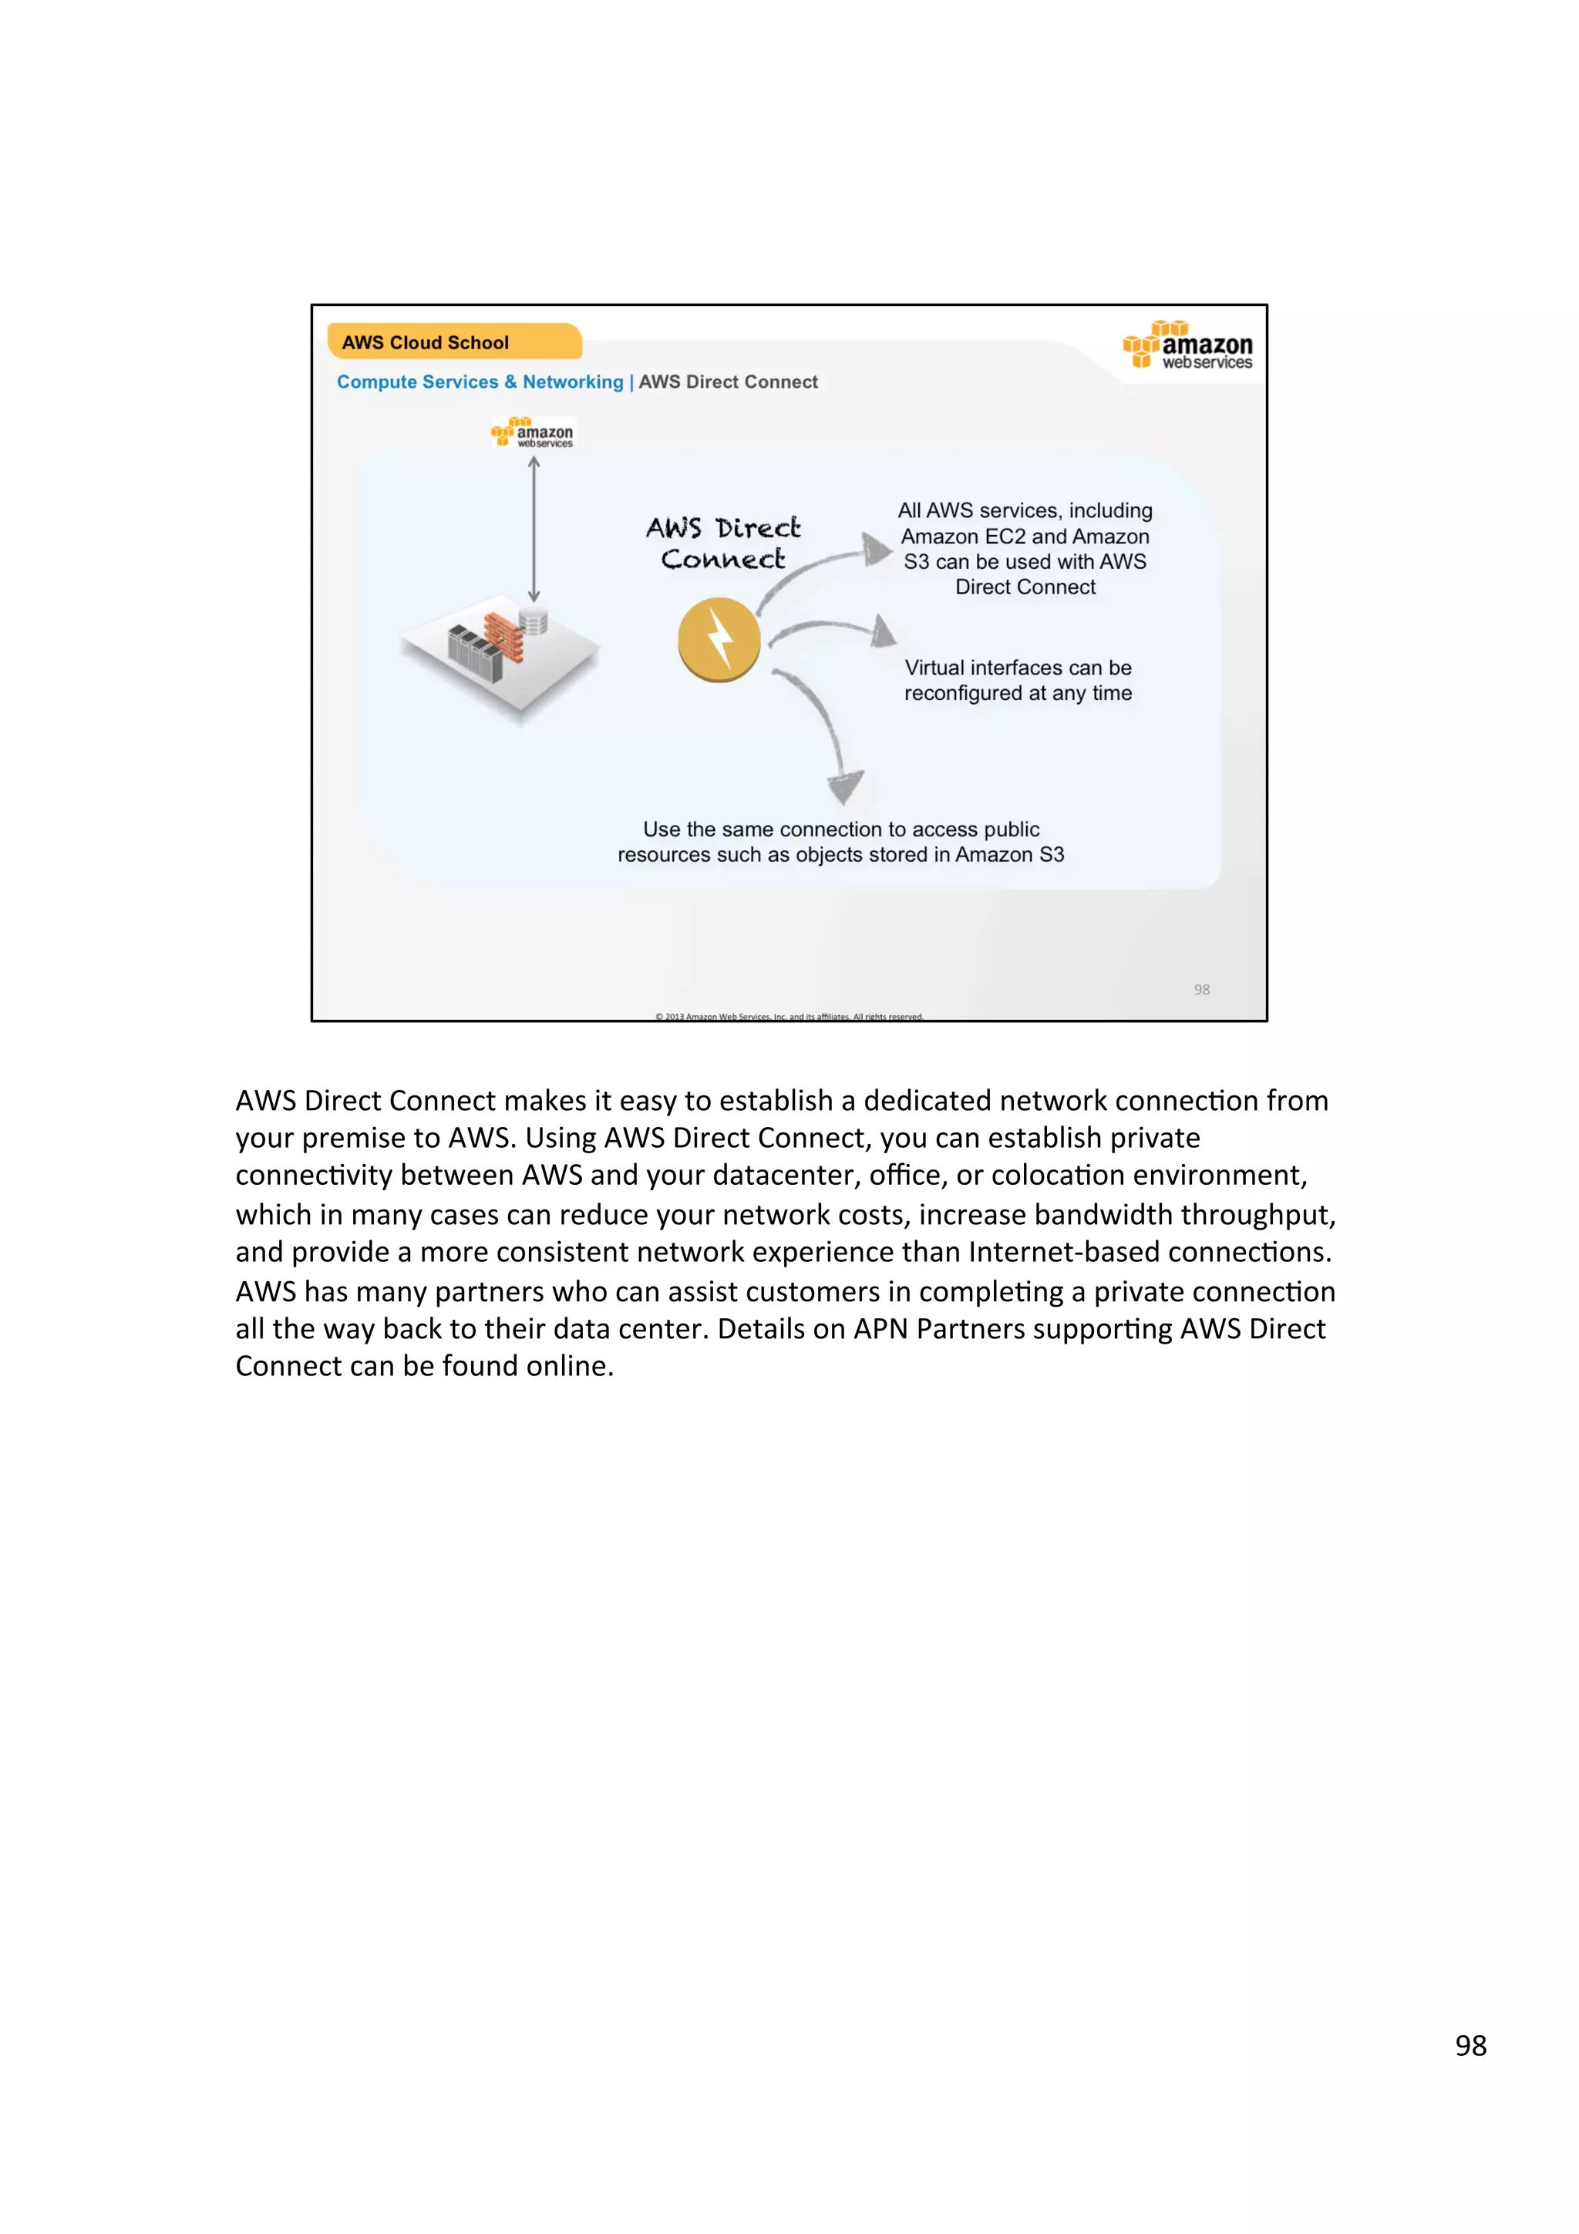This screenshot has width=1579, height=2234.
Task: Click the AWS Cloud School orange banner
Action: point(453,342)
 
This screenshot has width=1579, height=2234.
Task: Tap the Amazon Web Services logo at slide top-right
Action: point(1188,346)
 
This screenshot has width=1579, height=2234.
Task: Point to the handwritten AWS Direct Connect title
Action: point(723,543)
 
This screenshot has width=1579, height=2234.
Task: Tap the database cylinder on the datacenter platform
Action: point(533,621)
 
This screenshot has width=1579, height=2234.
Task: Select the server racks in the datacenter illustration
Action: point(474,652)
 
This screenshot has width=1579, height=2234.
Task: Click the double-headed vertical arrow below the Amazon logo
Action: point(533,530)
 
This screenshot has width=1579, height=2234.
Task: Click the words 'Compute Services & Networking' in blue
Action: point(480,382)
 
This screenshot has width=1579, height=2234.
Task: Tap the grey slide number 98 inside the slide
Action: point(1201,990)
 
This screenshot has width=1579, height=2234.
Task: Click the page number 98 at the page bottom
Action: point(1470,2046)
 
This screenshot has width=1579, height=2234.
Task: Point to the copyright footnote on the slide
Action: point(789,1016)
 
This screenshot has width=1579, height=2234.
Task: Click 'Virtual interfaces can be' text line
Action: point(1018,668)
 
